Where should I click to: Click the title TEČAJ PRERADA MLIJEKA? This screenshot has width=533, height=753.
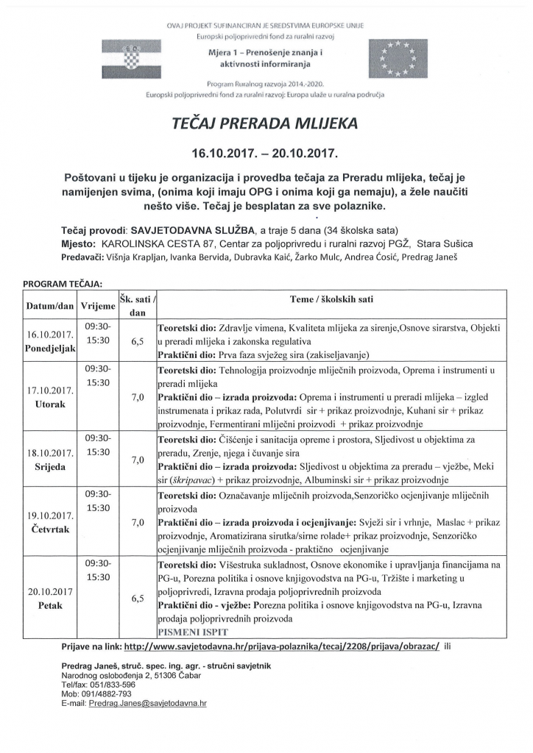[264, 124]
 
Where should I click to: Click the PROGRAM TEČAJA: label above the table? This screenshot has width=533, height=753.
[63, 283]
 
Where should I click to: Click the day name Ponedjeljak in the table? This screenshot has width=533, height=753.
[51, 348]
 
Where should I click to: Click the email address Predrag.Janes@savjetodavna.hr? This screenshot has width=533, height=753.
[147, 704]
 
